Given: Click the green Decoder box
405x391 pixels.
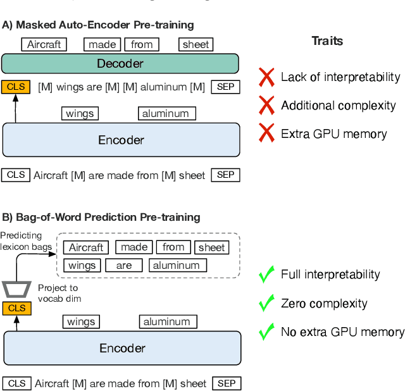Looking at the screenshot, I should pos(120,63).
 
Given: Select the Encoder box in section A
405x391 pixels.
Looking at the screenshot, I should pos(121,140).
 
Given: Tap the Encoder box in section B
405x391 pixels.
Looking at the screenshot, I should pos(122,348).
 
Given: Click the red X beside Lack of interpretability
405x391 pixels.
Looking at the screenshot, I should pos(267,77).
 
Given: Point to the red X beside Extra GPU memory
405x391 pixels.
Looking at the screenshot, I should pos(267,133).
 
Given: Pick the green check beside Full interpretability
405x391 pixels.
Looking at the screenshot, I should pos(267,275).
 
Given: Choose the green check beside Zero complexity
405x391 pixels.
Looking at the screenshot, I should pos(267,303).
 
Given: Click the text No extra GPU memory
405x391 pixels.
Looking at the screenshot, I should pos(342,332).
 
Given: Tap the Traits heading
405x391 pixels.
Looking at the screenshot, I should pos(327,41).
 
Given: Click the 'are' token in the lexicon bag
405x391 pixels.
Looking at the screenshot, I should pos(124,266).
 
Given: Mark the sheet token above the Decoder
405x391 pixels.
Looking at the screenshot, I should pos(195,44).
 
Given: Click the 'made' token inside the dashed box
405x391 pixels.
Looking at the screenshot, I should pos(134,247).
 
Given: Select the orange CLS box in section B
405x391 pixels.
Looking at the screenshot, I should pos(16,308).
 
